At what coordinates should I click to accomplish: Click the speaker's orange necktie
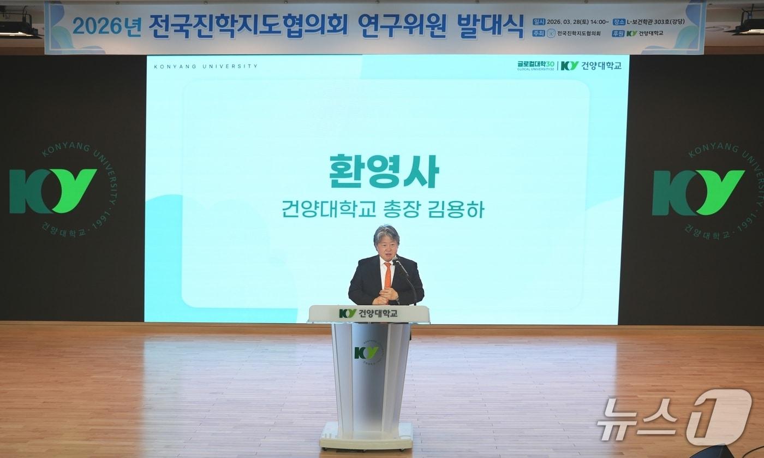coord(387,276)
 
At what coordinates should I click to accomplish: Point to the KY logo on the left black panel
coord(53,191)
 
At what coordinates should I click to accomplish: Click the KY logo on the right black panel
coord(698,192)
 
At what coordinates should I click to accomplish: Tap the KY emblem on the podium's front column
coord(366,353)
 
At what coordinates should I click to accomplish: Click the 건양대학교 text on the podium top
coord(378,313)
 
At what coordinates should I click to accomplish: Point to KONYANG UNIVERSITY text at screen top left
coord(205,67)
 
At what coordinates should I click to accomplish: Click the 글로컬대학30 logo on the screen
coord(535,65)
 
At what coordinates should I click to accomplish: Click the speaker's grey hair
coord(386,234)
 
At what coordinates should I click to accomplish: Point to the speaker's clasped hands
coord(387,295)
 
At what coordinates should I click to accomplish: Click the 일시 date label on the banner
coord(539,22)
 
